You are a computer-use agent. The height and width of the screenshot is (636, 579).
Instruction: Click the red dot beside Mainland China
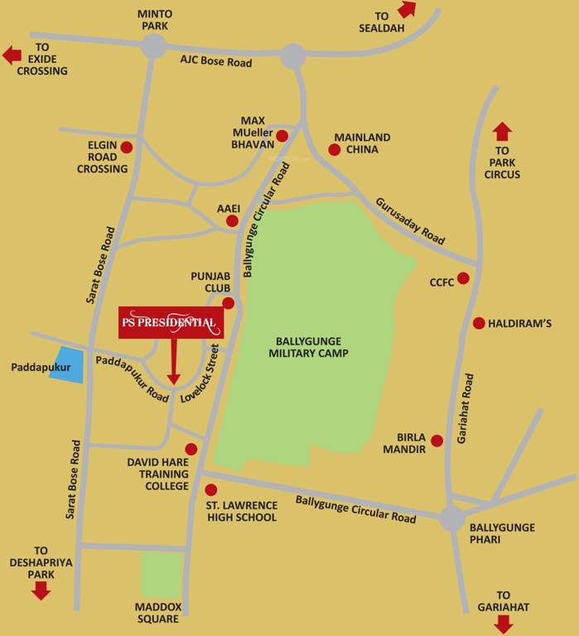[334, 150]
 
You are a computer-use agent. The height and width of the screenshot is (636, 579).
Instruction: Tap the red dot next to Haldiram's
[478, 323]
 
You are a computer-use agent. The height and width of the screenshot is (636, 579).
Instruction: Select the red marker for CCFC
[463, 278]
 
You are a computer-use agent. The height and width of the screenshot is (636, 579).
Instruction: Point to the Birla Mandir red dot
[437, 441]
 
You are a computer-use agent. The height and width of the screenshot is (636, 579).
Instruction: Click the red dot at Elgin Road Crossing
[127, 147]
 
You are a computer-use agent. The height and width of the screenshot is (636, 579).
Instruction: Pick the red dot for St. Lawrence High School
[210, 489]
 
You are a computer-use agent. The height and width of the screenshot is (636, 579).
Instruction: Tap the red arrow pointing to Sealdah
[407, 9]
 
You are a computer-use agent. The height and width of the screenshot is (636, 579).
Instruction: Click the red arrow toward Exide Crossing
[12, 55]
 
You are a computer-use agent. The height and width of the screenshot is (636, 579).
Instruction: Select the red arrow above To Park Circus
[502, 132]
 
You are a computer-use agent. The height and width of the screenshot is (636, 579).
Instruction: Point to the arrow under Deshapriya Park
[41, 590]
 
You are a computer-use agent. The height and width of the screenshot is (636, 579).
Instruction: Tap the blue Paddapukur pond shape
[66, 365]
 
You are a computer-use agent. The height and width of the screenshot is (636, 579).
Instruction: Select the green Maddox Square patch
[162, 575]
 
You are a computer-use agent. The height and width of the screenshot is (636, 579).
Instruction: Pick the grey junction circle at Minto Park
[153, 46]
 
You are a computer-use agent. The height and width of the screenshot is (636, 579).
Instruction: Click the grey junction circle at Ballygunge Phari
[452, 519]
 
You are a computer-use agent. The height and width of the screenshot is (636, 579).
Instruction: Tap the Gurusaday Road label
[410, 219]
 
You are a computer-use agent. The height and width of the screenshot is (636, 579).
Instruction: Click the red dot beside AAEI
[232, 221]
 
